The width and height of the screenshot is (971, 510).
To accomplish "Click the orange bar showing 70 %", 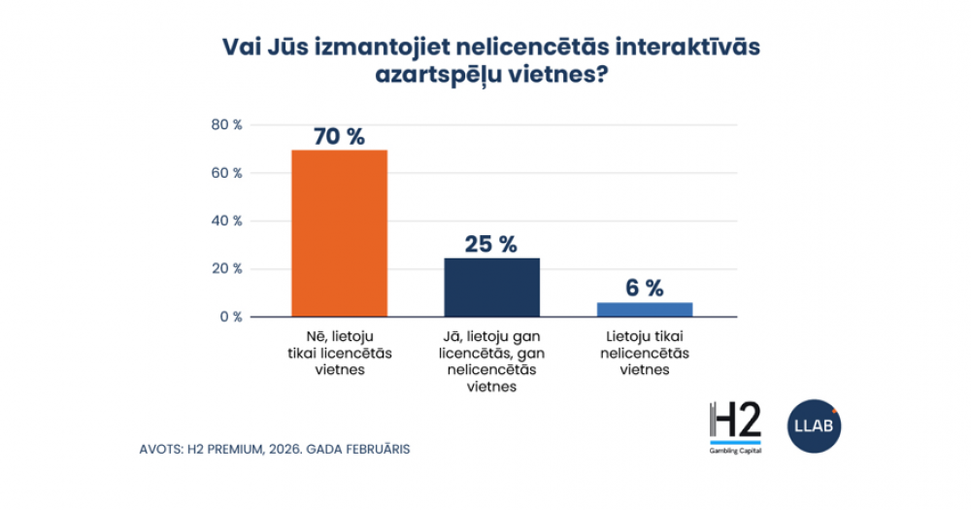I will pyautogui.click(x=340, y=233).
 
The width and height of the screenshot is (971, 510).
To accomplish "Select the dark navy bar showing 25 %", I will pyautogui.click(x=491, y=287).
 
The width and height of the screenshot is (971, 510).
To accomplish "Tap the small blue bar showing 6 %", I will pyautogui.click(x=644, y=309).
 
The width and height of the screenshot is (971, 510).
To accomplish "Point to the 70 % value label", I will pyautogui.click(x=339, y=136).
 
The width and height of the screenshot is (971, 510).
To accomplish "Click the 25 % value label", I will pyautogui.click(x=490, y=244).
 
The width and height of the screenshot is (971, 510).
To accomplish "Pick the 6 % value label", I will pyautogui.click(x=644, y=288).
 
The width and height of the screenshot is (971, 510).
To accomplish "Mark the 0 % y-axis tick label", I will pyautogui.click(x=230, y=317).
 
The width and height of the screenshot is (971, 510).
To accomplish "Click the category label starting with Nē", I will pyautogui.click(x=340, y=353).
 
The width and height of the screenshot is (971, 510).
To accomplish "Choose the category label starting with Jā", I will pyautogui.click(x=491, y=360).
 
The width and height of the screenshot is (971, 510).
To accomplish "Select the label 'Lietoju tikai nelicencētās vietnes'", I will pyautogui.click(x=644, y=353).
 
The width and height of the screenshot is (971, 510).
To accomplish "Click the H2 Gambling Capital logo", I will pyautogui.click(x=735, y=428).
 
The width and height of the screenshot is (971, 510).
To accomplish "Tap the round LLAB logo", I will pyautogui.click(x=814, y=425).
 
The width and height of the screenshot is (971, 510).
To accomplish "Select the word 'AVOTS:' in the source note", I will pyautogui.click(x=162, y=450).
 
